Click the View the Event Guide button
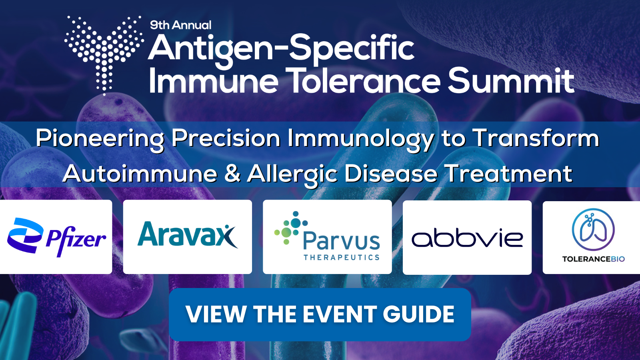click(x=320, y=314)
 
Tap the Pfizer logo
click(x=56, y=237)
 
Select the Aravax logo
click(x=188, y=234)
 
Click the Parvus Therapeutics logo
click(x=327, y=236)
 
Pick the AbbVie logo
click(x=467, y=238)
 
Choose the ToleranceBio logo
click(x=593, y=235)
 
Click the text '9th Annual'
click(x=180, y=25)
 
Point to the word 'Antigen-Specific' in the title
click(x=281, y=48)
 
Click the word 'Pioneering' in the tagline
click(x=100, y=139)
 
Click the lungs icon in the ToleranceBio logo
click(x=593, y=230)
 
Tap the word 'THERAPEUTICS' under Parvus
click(x=342, y=258)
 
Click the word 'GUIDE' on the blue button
click(x=418, y=314)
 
